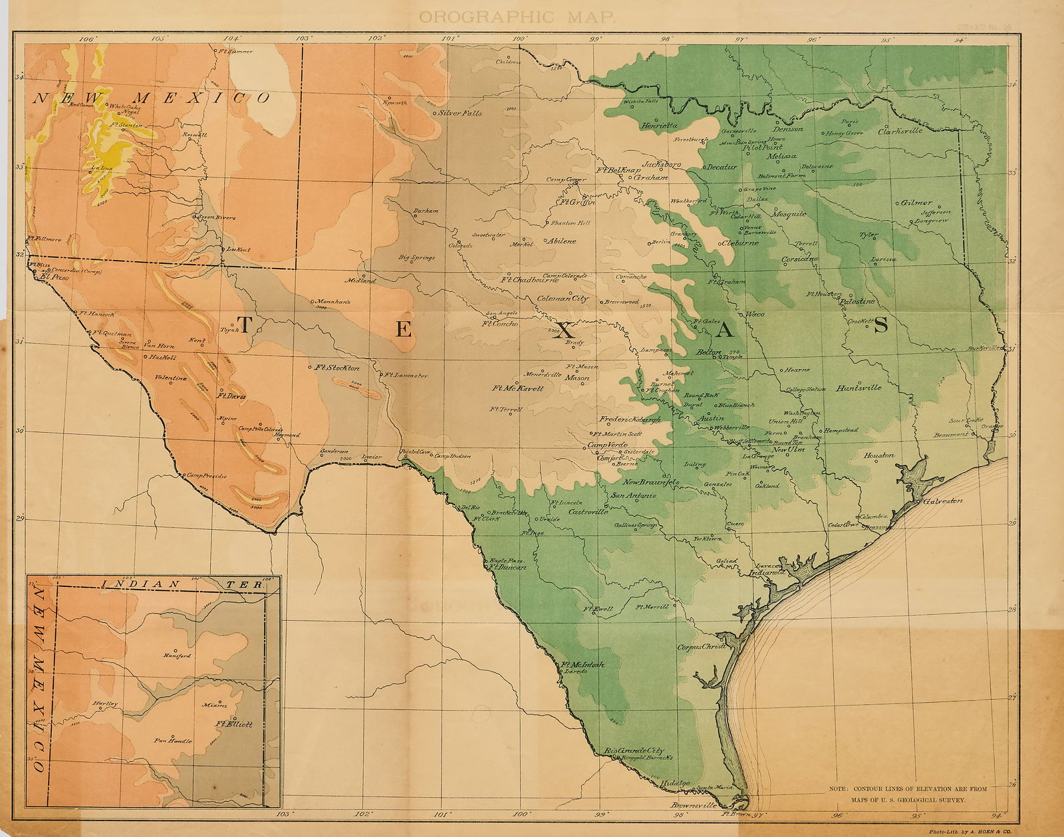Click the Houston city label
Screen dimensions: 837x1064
(878, 456)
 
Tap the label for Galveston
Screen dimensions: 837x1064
(942, 501)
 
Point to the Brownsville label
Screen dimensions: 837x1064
(693, 806)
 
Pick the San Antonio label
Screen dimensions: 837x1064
(633, 496)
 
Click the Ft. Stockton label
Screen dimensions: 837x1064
(337, 368)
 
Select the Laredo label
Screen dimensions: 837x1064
(575, 671)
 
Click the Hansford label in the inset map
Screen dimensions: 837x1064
(176, 656)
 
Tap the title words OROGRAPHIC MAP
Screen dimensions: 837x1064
(517, 17)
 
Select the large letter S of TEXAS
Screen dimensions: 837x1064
(881, 325)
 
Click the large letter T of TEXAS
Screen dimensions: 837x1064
(244, 325)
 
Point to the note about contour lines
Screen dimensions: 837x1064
(907, 794)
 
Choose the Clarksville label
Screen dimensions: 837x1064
(900, 131)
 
